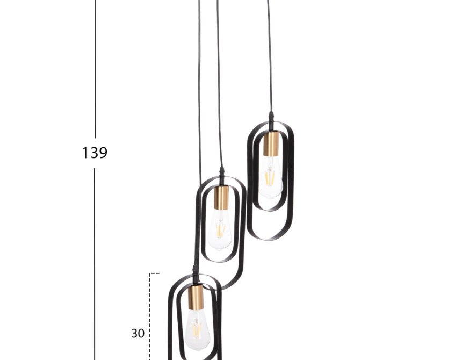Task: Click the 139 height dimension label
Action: (95, 153)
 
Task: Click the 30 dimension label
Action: (138, 333)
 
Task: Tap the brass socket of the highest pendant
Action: (271, 144)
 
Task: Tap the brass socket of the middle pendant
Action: (221, 198)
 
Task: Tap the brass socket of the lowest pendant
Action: (196, 297)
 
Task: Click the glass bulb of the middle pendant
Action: (220, 230)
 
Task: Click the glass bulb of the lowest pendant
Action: (197, 330)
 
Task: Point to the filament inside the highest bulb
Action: (270, 178)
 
